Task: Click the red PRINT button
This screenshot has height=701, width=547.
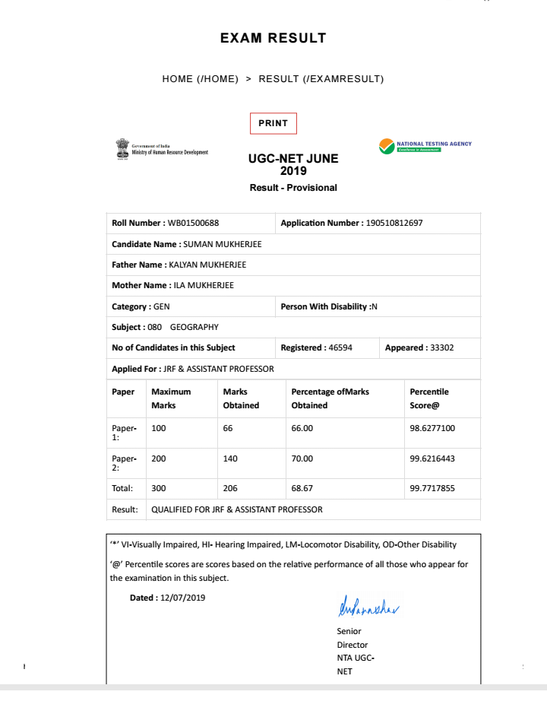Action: (x=273, y=123)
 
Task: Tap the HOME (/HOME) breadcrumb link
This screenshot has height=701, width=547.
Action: (x=201, y=79)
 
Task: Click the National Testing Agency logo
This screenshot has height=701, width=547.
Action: (x=425, y=146)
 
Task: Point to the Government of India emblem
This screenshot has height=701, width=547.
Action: (x=122, y=147)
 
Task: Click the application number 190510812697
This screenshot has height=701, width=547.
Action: (x=394, y=224)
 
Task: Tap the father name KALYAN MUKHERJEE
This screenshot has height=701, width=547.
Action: (x=207, y=265)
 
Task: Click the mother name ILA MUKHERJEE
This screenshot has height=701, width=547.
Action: (x=204, y=286)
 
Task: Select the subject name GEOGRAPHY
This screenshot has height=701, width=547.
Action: (x=194, y=328)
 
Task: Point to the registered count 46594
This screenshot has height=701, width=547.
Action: (x=339, y=348)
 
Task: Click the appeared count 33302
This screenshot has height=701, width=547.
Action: (x=442, y=348)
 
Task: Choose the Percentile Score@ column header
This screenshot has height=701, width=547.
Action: (x=429, y=398)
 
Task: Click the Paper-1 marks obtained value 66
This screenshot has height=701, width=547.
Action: (x=228, y=429)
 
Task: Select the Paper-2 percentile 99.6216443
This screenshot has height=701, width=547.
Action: (x=432, y=459)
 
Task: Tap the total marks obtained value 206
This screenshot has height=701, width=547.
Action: (x=230, y=489)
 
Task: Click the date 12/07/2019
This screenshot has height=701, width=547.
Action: (x=183, y=598)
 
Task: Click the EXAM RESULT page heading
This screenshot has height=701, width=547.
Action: (x=273, y=38)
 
